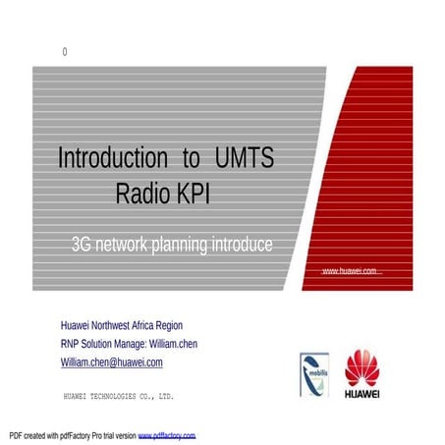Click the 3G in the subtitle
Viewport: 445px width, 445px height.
click(x=83, y=244)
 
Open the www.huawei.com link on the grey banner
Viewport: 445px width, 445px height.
click(x=350, y=270)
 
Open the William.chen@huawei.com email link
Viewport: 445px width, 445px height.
click(x=111, y=362)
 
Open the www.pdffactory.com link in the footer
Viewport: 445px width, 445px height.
click(x=167, y=434)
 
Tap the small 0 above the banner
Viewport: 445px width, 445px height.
click(x=65, y=52)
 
